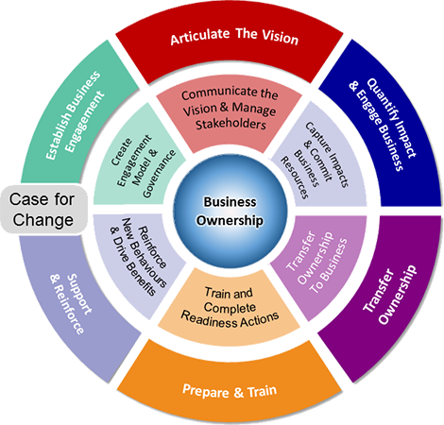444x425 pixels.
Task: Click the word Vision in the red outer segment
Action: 275,40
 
